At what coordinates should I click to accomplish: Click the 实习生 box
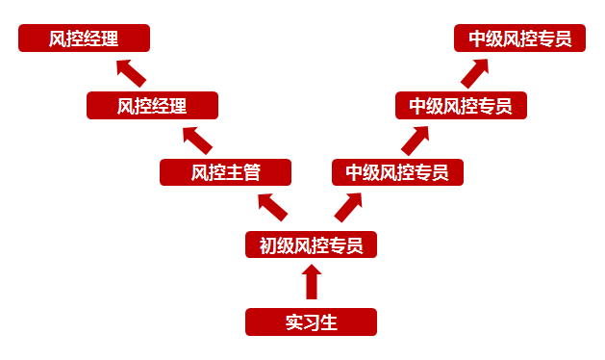click(x=311, y=321)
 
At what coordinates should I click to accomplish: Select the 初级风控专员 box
click(x=311, y=245)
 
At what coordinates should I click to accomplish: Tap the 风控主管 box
click(x=225, y=172)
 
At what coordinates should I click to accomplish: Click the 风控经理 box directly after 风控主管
click(x=152, y=105)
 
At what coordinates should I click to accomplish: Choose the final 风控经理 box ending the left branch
click(x=85, y=39)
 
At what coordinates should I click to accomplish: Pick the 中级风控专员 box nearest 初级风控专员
click(x=397, y=172)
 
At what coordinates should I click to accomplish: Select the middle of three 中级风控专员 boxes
click(x=461, y=105)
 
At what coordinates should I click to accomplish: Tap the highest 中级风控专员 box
click(x=520, y=39)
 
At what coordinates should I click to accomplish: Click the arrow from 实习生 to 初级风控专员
click(x=311, y=283)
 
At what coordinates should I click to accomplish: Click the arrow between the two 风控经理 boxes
click(x=130, y=72)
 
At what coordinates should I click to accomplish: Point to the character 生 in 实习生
click(x=328, y=321)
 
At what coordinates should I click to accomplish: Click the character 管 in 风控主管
click(x=251, y=172)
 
